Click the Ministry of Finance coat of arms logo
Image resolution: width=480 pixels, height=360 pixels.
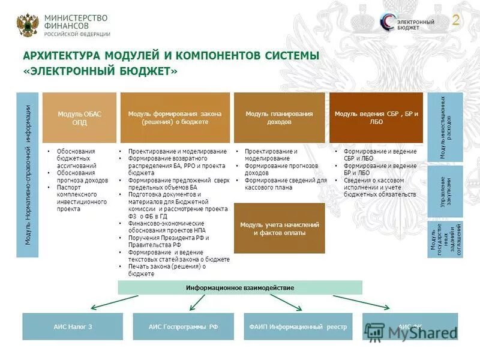pos(27,25)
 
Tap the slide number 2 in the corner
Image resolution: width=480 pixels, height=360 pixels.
pos(456,20)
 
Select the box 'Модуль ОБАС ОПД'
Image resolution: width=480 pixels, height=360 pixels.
pos(79,118)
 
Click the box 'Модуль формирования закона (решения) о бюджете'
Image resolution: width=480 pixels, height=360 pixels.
pos(175,118)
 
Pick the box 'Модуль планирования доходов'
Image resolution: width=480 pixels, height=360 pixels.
pos(279,118)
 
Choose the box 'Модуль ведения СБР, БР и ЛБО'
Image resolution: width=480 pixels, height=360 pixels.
pos(376,118)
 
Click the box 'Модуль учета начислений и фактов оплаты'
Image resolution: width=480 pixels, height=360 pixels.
pos(279,228)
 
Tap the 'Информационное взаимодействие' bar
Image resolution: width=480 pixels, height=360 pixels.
pos(239,287)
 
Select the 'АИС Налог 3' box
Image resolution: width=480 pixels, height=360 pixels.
pos(72,327)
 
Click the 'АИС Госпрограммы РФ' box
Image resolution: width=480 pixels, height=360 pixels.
pos(183,327)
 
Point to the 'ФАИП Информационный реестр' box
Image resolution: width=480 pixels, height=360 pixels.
pos(298,327)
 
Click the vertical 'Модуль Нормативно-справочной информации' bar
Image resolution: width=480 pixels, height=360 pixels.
pos(28,175)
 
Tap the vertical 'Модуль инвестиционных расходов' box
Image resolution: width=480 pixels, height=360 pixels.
pos(445,127)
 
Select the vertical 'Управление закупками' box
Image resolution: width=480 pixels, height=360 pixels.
pos(445,191)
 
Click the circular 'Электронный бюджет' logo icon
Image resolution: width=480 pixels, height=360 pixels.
pos(388,22)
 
